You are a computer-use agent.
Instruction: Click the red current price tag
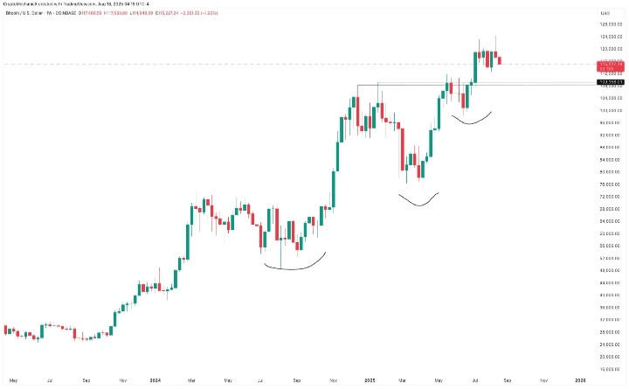click(609, 66)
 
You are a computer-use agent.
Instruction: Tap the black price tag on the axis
click(609, 81)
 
